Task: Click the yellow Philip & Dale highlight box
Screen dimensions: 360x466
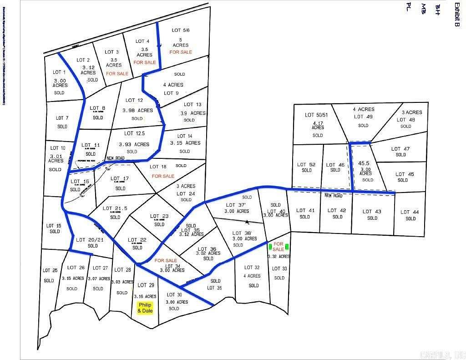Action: tap(145, 308)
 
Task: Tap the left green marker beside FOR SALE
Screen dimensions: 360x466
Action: tap(270, 247)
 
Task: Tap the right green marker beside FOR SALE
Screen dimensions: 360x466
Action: tap(287, 247)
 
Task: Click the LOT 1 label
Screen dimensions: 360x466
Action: tap(60, 72)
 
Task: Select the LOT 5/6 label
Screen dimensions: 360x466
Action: tap(181, 30)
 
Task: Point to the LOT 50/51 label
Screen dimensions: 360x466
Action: tap(316, 115)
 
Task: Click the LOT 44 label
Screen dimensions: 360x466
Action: tap(410, 212)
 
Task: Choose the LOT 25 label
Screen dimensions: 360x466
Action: tap(50, 270)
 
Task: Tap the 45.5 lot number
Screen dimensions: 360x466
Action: tap(364, 163)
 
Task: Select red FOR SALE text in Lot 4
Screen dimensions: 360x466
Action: tap(145, 62)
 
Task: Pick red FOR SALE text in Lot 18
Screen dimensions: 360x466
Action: tap(163, 176)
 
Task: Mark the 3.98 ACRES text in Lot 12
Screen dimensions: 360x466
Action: tap(137, 110)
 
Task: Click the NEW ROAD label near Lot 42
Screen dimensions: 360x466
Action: tap(333, 196)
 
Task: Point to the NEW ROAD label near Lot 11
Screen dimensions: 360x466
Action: tap(116, 158)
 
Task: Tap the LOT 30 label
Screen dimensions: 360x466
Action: tap(174, 294)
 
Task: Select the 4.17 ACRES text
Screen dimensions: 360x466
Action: tap(318, 125)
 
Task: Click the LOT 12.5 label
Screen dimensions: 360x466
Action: tap(134, 133)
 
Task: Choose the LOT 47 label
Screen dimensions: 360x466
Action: tap(400, 149)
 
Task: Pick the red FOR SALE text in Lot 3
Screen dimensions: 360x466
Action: tap(117, 73)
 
